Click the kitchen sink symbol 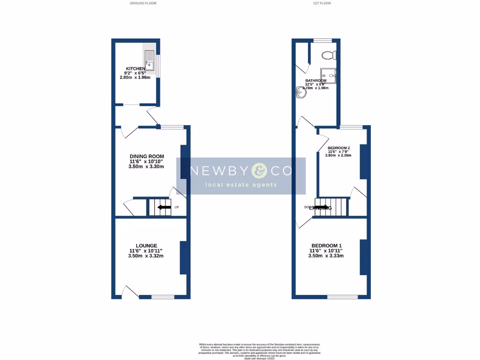click(x=150, y=60)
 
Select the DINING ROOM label click(x=147, y=157)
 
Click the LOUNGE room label click(x=146, y=246)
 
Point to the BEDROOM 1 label click(x=327, y=246)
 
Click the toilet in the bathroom click(x=329, y=55)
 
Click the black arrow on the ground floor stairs click(x=164, y=207)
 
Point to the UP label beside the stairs click(x=177, y=208)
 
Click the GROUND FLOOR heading click(x=143, y=3)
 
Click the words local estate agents click(x=241, y=185)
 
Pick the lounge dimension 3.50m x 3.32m click(x=146, y=256)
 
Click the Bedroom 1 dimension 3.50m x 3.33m click(x=327, y=256)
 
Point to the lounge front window click(x=163, y=297)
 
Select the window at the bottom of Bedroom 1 click(x=342, y=297)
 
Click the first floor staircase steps click(x=331, y=207)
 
